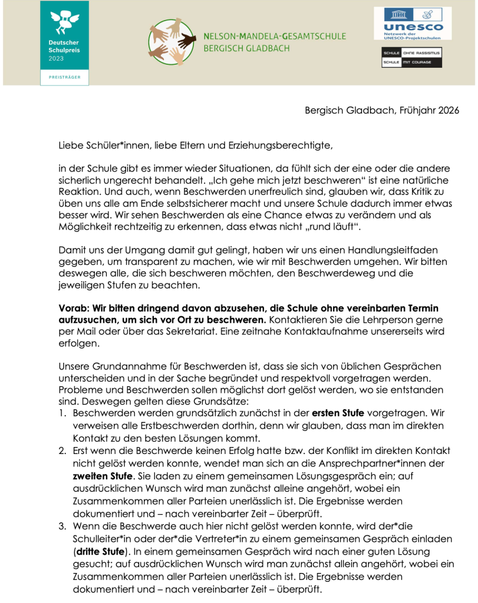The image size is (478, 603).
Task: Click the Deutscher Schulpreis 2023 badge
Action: click(64, 43)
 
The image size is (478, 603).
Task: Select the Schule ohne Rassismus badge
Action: click(412, 57)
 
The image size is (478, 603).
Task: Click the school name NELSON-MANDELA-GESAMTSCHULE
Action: click(275, 37)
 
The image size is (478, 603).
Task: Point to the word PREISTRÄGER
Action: click(64, 77)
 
